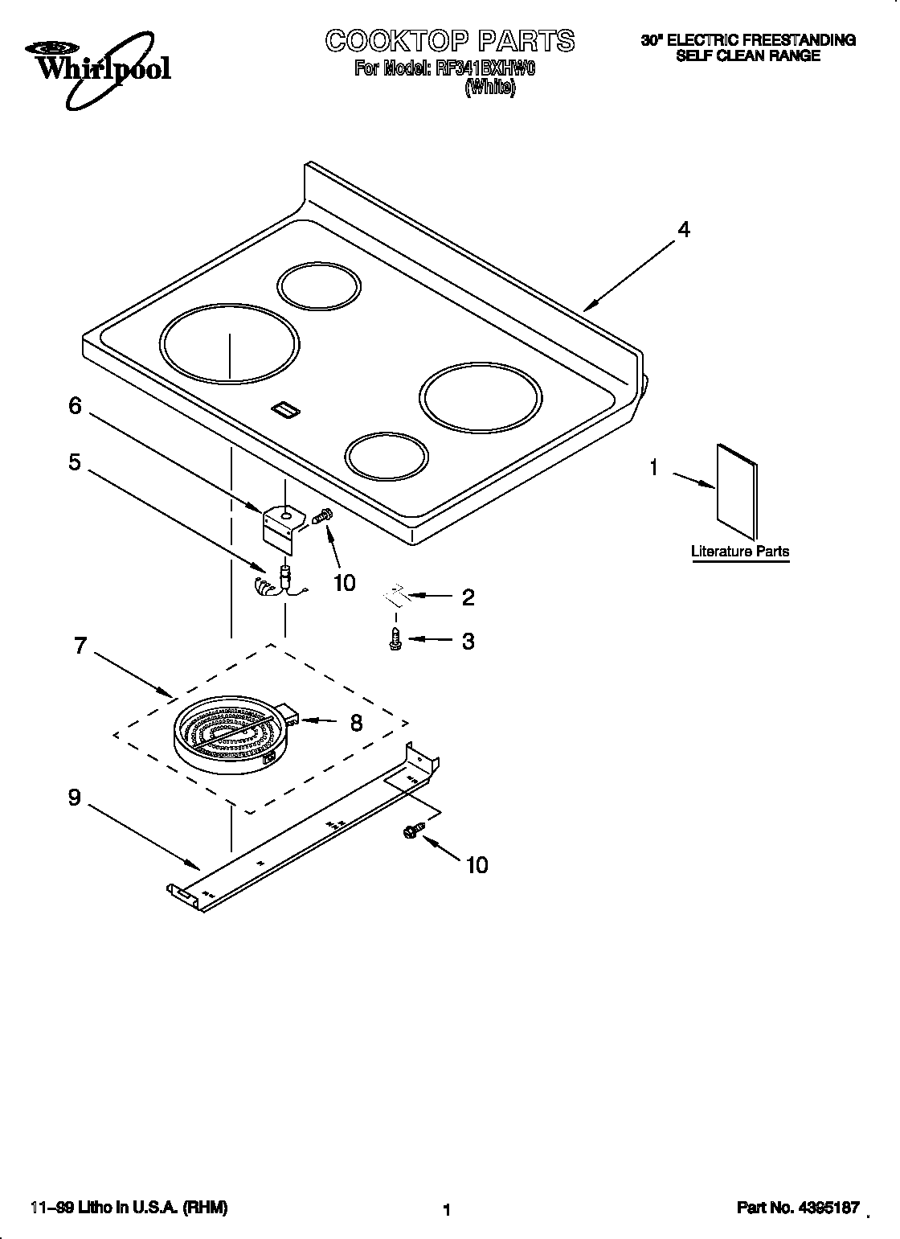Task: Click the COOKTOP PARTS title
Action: [450, 40]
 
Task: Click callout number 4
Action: [683, 230]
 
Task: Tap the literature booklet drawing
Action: [736, 490]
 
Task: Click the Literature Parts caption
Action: [740, 552]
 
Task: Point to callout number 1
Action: [654, 468]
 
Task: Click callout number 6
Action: [75, 407]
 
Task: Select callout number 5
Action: [74, 463]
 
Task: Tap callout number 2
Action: [468, 597]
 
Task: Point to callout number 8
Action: [356, 723]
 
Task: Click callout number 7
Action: [80, 646]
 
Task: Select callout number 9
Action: [74, 798]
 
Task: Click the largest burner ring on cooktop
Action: [230, 343]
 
